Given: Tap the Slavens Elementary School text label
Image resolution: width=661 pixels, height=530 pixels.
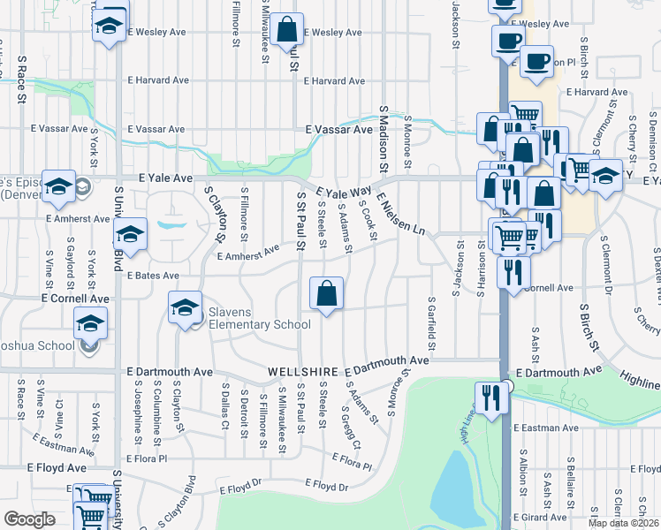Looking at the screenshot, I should tap(259, 324).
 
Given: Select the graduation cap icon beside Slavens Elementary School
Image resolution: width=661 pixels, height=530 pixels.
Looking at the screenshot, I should tap(185, 308).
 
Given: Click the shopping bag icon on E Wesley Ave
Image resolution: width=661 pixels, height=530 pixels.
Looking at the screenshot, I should tap(287, 30).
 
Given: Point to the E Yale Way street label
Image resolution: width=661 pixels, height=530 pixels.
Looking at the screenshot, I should tap(344, 193).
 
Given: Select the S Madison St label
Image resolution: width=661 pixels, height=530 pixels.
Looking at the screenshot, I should tap(384, 139).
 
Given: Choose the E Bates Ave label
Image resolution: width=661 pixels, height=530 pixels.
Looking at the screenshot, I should tap(153, 276).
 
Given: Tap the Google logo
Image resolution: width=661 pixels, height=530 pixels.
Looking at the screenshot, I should tap(29, 519).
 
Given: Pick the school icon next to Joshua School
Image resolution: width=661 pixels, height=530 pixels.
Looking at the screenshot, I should tap(91, 324).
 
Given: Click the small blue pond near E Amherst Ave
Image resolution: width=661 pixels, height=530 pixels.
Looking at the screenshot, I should tap(171, 224).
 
